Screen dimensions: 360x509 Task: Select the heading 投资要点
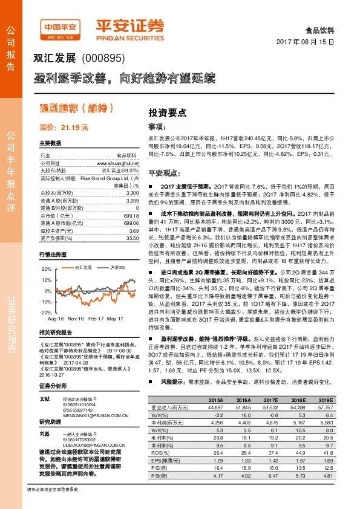[167, 113]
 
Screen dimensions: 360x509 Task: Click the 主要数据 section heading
[50, 144]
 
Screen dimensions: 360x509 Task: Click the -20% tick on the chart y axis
[45, 311]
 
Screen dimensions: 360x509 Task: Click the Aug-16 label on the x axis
[56, 318]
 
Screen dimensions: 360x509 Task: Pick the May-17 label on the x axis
[123, 318]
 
